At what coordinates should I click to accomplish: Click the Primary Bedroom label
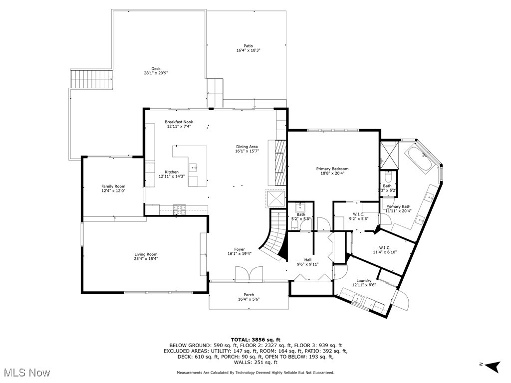click(332, 169)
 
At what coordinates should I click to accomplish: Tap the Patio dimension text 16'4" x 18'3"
click(248, 50)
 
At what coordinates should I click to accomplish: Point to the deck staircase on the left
click(91, 79)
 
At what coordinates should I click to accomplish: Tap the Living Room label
click(145, 254)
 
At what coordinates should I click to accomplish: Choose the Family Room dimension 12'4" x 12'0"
click(113, 191)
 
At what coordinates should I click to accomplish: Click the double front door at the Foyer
click(249, 273)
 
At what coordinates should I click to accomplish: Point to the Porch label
click(249, 294)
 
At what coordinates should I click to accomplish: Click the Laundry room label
click(364, 280)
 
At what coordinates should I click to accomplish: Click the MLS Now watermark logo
click(25, 372)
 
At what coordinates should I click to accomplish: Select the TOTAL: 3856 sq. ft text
click(255, 339)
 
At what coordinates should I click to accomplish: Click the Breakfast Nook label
click(179, 122)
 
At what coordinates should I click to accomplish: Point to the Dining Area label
click(247, 147)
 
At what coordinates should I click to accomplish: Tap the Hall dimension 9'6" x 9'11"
click(307, 264)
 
